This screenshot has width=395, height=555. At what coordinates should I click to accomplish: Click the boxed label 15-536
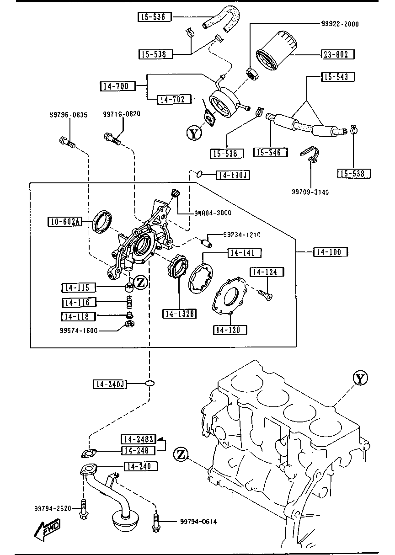[155, 17]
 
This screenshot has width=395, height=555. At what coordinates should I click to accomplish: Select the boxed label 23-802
[338, 54]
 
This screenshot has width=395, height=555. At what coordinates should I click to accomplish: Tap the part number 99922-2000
[340, 24]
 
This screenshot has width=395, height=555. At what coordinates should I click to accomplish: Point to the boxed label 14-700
[117, 86]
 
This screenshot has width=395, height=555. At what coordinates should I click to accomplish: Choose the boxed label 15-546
[270, 152]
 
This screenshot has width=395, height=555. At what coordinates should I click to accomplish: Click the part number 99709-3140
[310, 192]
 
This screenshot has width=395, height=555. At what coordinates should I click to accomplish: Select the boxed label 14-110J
[233, 175]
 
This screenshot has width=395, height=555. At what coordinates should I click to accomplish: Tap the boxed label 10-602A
[64, 222]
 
